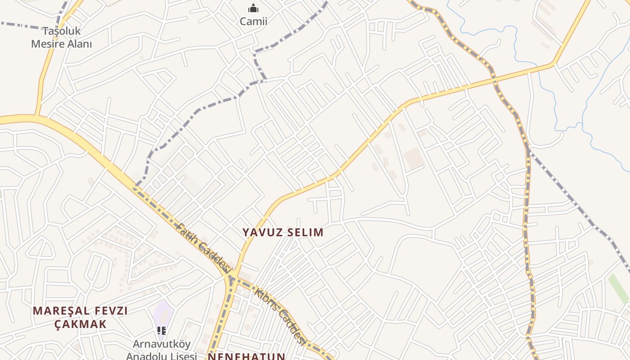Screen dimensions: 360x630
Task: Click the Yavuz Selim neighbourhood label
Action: (x=283, y=232)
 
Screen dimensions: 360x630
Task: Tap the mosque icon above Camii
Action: (x=253, y=8)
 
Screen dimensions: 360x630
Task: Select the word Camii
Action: (x=253, y=21)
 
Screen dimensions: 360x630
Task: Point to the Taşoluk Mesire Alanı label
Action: (x=61, y=37)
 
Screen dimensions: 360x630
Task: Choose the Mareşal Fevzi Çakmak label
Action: (x=81, y=317)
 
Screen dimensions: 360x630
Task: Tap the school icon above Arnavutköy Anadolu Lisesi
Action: (x=162, y=331)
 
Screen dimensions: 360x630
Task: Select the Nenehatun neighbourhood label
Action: (x=246, y=356)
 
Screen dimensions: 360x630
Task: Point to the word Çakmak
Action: (x=81, y=324)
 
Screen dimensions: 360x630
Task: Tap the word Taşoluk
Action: (x=61, y=31)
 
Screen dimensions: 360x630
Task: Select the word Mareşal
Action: (x=61, y=310)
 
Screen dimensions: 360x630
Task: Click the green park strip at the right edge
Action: (x=618, y=288)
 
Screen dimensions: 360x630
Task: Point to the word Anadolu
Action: (x=144, y=356)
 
